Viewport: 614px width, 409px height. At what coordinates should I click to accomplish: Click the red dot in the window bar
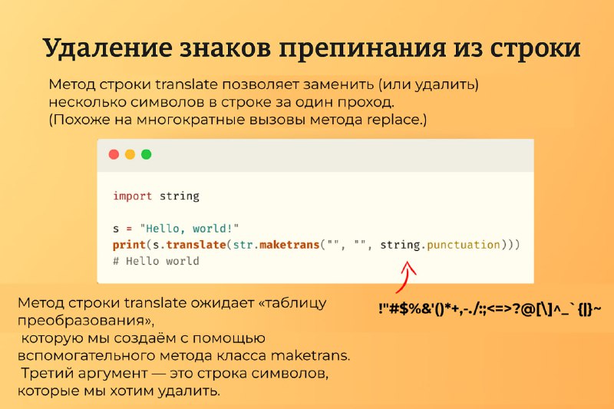point(114,154)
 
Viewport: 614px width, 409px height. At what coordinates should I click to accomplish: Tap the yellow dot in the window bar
point(130,154)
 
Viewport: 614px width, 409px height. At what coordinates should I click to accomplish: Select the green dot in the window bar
point(146,154)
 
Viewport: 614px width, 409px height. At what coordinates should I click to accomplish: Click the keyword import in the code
point(132,196)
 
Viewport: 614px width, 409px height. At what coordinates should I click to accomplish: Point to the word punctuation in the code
point(464,245)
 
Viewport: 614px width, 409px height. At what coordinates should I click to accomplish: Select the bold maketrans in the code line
point(289,245)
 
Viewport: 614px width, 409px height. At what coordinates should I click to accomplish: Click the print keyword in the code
point(129,245)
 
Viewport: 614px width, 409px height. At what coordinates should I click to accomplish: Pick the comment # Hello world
point(157,261)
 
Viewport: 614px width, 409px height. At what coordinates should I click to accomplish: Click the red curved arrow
point(405,276)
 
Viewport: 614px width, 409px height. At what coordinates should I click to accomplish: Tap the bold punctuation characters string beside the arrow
point(490,309)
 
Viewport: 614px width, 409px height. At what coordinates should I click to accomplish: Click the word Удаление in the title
point(107,48)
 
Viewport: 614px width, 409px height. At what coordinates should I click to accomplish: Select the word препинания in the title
point(362,49)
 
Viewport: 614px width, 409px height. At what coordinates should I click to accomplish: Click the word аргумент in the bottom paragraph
point(113,374)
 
